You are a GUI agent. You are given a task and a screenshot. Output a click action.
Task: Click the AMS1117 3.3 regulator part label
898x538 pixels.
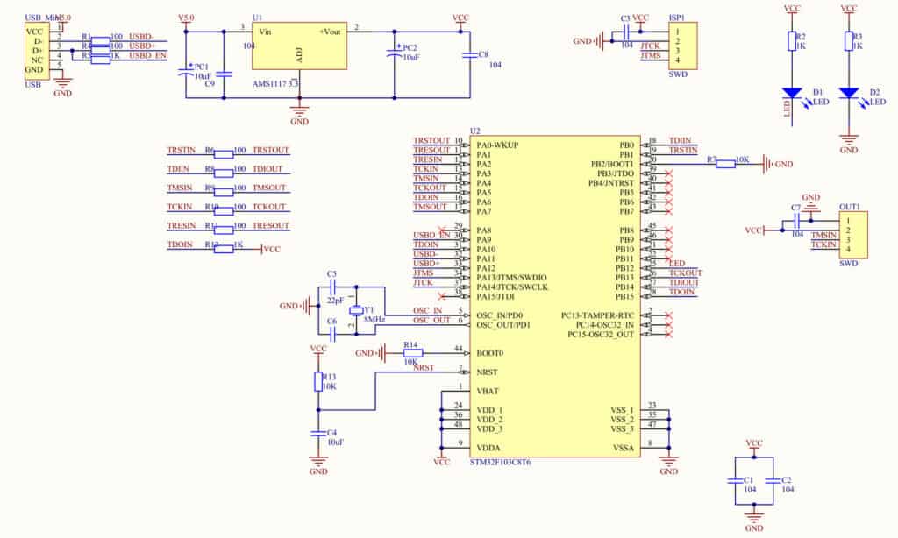(x=275, y=83)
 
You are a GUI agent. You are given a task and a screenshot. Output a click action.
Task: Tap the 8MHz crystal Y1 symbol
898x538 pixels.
(x=356, y=310)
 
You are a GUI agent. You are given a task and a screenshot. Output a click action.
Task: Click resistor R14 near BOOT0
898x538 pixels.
(x=411, y=353)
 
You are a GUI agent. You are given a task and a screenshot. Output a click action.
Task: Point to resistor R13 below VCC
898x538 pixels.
(x=318, y=381)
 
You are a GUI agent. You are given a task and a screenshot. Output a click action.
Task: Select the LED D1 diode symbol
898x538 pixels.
(x=791, y=93)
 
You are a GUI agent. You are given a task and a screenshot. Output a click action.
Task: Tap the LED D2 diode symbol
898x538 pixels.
(x=848, y=93)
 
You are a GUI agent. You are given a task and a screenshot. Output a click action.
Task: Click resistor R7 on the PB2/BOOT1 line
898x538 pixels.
(x=725, y=164)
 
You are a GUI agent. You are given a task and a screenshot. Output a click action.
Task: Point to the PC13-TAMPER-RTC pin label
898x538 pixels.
(x=597, y=315)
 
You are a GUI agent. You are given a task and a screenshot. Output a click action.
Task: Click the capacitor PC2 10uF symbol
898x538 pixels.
(x=395, y=55)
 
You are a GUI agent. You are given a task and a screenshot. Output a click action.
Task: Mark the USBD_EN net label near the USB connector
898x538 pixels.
(x=147, y=55)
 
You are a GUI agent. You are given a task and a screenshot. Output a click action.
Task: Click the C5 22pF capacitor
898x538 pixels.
(x=331, y=286)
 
